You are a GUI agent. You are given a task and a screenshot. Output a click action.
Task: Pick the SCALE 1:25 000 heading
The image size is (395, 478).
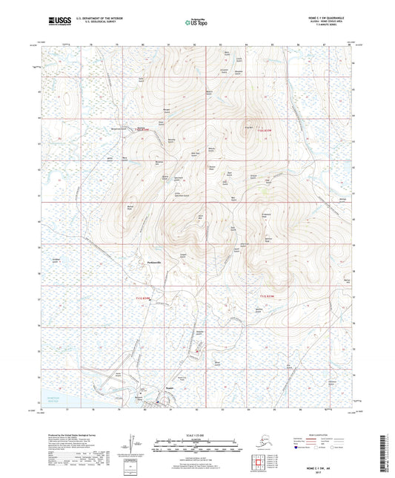(x=197, y=434)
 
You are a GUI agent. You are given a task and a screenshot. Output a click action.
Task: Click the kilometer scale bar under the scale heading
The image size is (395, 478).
(x=197, y=442)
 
